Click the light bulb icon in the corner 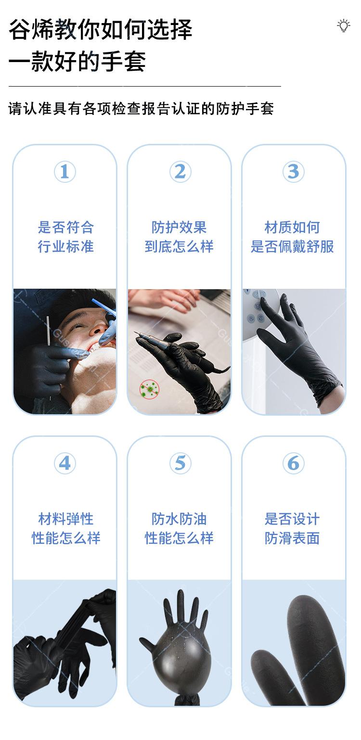pyautogui.click(x=343, y=26)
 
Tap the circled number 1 pyautogui.click(x=64, y=172)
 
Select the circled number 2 pyautogui.click(x=180, y=172)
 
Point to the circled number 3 pyautogui.click(x=293, y=172)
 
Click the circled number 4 pyautogui.click(x=64, y=463)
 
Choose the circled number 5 pyautogui.click(x=180, y=463)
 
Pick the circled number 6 pyautogui.click(x=293, y=463)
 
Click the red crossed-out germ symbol pyautogui.click(x=149, y=389)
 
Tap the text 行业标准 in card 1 pyautogui.click(x=65, y=247)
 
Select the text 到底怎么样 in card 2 pyautogui.click(x=179, y=247)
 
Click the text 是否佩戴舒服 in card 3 pyautogui.click(x=292, y=247)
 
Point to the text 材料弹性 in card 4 pyautogui.click(x=65, y=519)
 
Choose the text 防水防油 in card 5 pyautogui.click(x=179, y=519)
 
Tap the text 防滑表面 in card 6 pyautogui.click(x=292, y=538)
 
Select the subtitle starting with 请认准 pyautogui.click(x=141, y=109)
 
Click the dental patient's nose pyautogui.click(x=98, y=329)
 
